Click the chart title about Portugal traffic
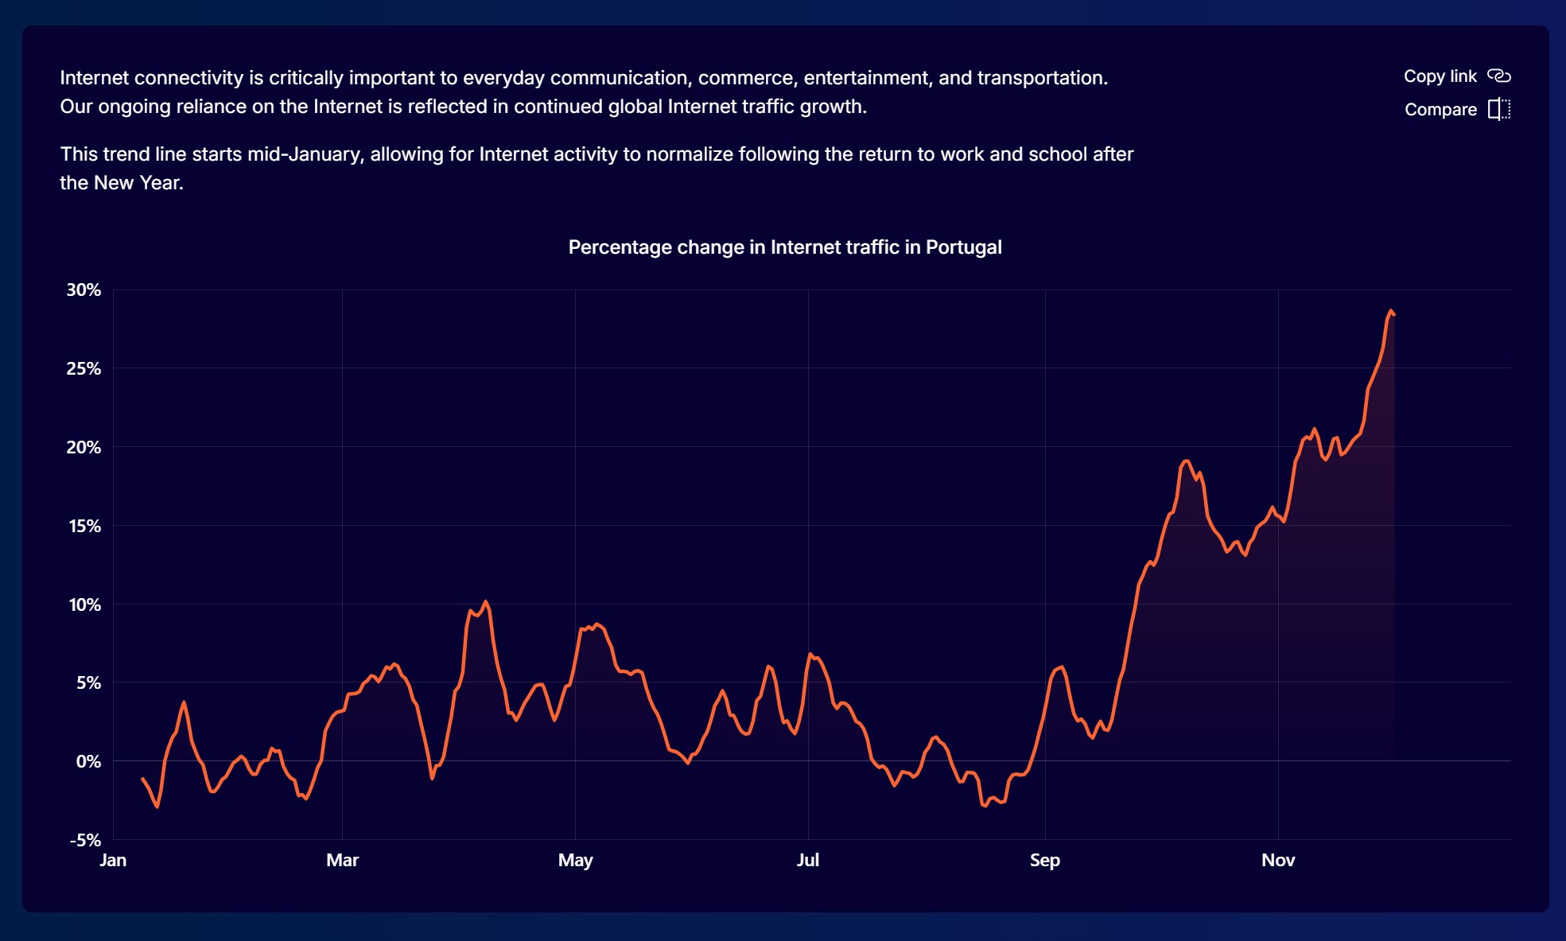coord(784,247)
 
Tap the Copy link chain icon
coord(1498,76)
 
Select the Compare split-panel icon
coord(1498,109)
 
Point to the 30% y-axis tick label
coord(84,290)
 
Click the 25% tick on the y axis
coord(84,368)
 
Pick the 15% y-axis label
coord(84,526)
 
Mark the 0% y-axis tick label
coord(88,761)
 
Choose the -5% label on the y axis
coord(85,840)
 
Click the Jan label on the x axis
coord(113,860)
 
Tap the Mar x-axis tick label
coord(342,860)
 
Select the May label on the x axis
coord(575,860)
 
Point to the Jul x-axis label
coord(807,860)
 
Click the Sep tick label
coord(1044,860)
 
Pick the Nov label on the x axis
coord(1278,860)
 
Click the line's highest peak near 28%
coord(1390,311)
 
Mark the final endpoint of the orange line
coord(1394,315)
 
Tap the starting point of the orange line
coord(142,778)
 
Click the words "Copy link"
coord(1440,76)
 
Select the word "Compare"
coord(1440,109)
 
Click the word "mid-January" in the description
coord(305,154)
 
